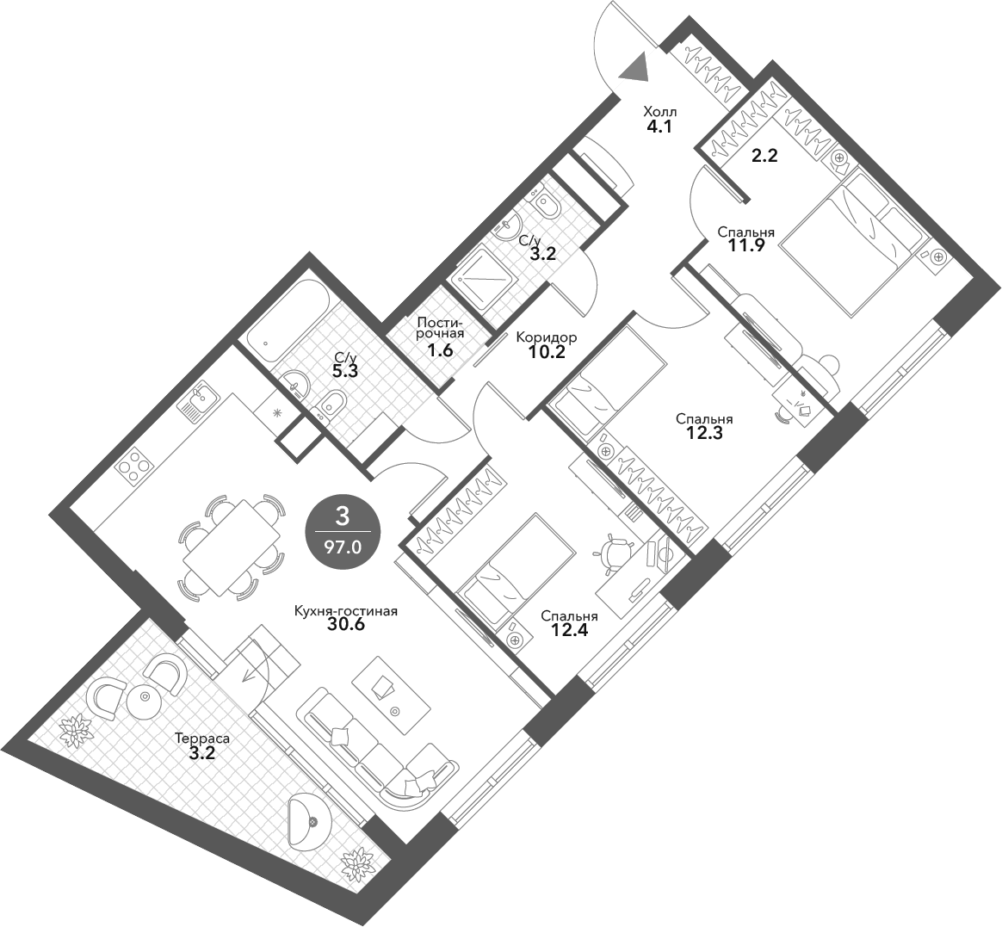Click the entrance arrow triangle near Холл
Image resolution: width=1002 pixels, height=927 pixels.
click(x=634, y=68)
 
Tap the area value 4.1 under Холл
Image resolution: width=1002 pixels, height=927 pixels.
click(x=660, y=126)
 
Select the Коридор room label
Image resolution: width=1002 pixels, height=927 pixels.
click(x=547, y=337)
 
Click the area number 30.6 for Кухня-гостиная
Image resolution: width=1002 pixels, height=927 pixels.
click(x=346, y=624)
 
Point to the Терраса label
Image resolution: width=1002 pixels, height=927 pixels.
click(x=202, y=739)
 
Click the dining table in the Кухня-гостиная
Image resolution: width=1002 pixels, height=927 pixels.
click(x=232, y=547)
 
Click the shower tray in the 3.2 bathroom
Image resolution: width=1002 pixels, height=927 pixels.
click(x=479, y=279)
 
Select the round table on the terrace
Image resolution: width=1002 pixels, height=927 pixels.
click(x=146, y=697)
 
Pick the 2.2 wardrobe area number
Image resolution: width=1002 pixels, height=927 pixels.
click(x=764, y=155)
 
